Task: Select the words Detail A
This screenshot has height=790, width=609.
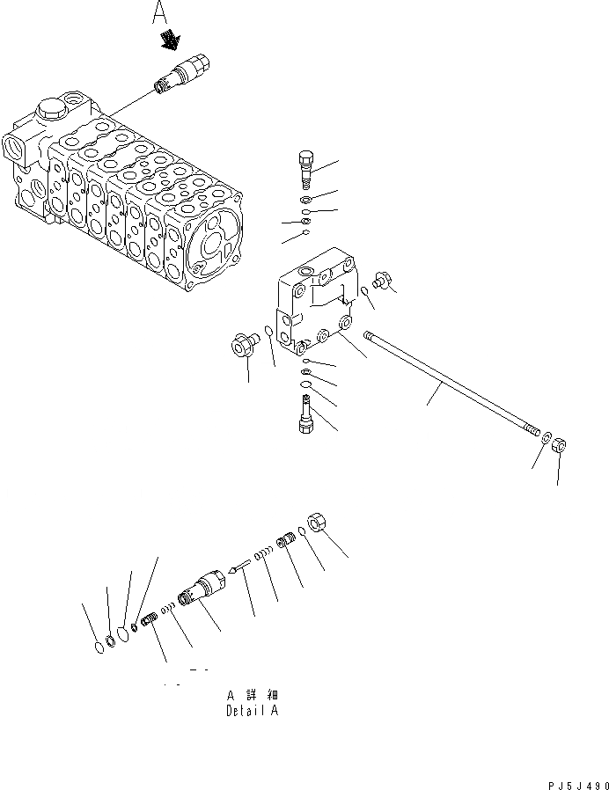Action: click(x=252, y=711)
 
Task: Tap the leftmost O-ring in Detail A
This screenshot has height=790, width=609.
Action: click(x=99, y=648)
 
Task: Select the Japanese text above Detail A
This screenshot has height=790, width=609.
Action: click(x=253, y=694)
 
